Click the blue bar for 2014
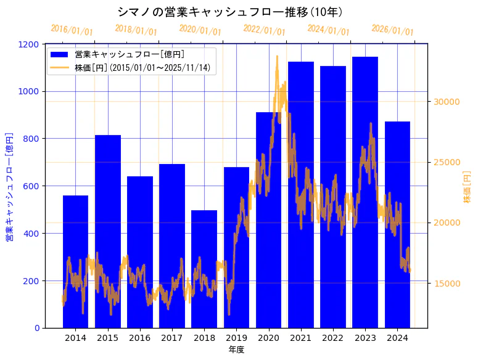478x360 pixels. coord(75,261)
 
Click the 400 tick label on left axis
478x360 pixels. coord(31,234)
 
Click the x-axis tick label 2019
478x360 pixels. coord(236,338)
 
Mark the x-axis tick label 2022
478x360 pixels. coord(333,338)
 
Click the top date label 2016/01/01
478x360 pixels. coord(72,30)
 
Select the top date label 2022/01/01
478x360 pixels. coord(265,30)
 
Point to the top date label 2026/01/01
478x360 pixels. coord(393,30)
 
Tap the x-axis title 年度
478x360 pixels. coord(236,350)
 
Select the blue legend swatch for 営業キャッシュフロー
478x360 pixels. coord(60,55)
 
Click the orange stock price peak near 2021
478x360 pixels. coord(277,57)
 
